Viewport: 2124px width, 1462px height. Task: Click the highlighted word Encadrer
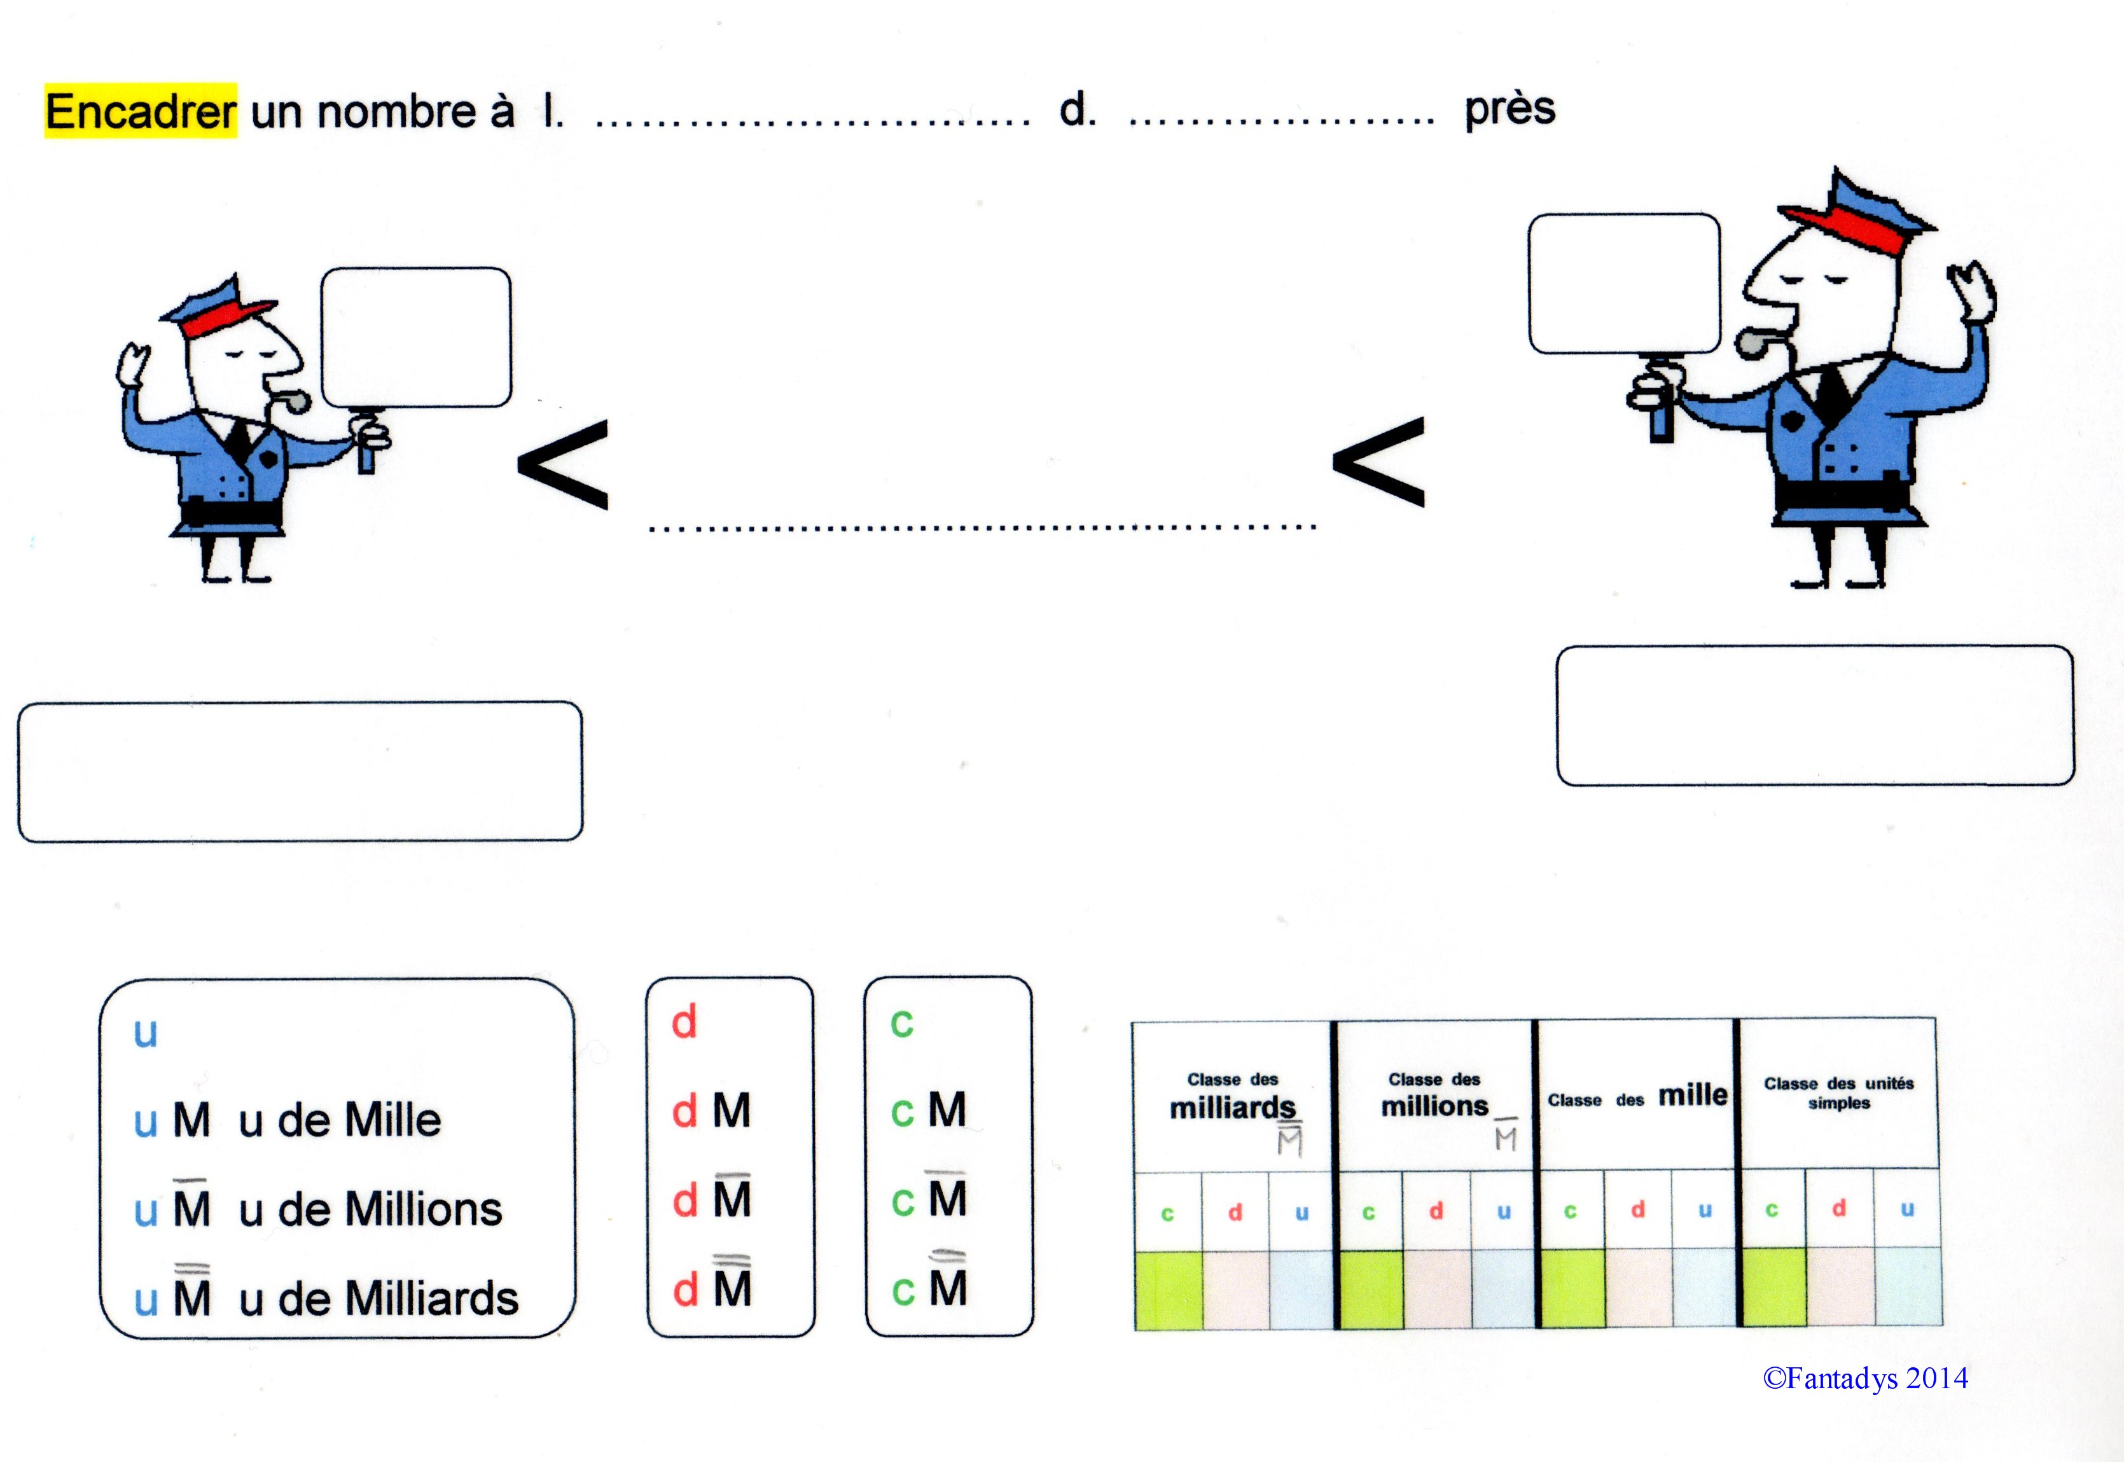[x=140, y=111]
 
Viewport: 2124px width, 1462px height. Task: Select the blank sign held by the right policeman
[x=1624, y=283]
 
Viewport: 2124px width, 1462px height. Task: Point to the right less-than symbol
[x=1378, y=462]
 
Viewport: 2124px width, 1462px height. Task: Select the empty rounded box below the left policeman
[x=300, y=771]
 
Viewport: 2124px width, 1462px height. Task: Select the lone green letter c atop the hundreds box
[x=902, y=1023]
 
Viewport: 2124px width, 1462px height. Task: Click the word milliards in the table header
[x=1232, y=1108]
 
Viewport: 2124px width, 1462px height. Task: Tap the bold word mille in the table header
[x=1693, y=1095]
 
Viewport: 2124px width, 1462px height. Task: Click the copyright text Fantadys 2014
[x=1865, y=1379]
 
